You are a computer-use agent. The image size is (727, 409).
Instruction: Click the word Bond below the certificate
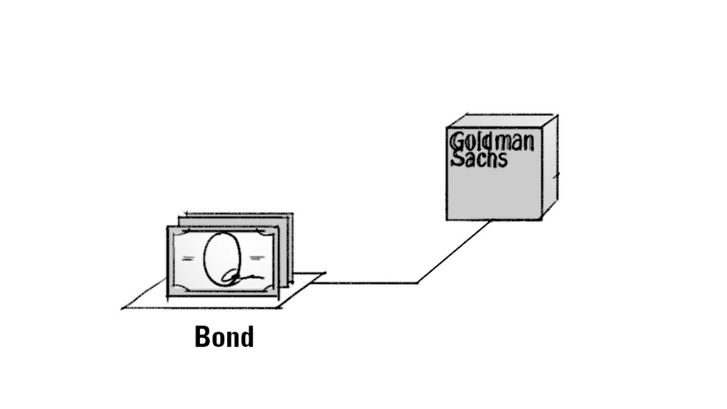[224, 336]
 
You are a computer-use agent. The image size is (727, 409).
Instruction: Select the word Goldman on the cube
[491, 141]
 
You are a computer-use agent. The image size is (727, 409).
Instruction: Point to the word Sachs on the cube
[478, 159]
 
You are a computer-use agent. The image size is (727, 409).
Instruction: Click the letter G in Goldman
[456, 141]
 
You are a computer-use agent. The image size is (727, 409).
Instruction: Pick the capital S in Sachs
[457, 159]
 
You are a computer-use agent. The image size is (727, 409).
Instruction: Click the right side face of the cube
[549, 165]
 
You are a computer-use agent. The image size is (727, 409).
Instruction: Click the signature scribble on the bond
[241, 277]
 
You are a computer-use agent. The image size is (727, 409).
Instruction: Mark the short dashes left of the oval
[187, 258]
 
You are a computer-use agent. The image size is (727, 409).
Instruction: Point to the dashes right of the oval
[257, 258]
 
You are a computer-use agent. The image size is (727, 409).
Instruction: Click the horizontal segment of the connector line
[369, 282]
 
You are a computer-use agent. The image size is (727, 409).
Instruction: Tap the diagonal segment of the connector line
[454, 251]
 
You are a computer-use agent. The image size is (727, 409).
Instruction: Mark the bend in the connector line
[418, 282]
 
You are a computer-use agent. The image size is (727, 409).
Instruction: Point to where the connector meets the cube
[491, 221]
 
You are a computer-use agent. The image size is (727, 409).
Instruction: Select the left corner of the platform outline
[123, 308]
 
